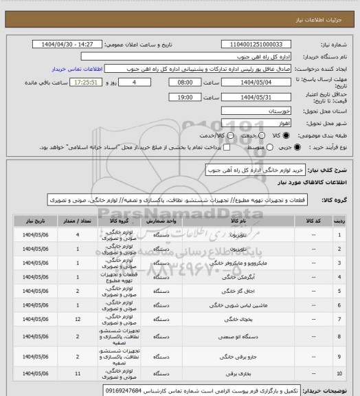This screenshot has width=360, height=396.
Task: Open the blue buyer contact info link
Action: [75, 69]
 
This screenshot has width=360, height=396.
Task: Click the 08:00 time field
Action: [175, 81]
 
